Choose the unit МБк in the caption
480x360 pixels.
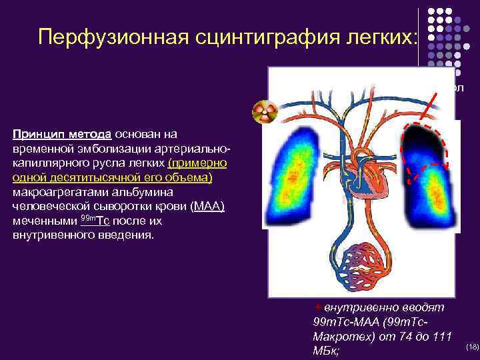(325, 350)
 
